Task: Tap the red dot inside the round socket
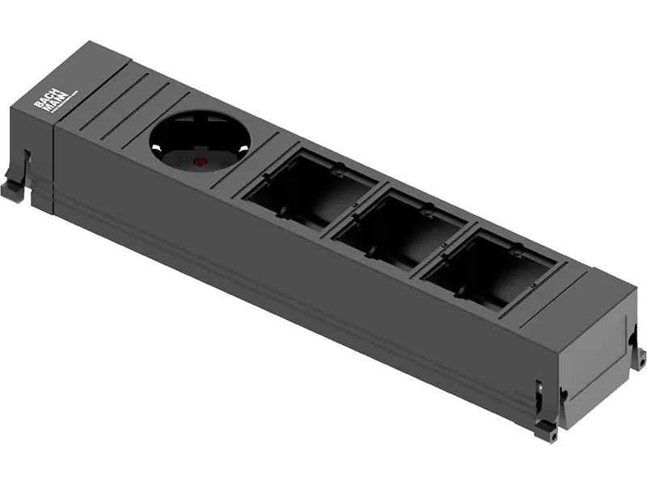click(197, 161)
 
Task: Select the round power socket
click(200, 141)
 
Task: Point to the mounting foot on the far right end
click(639, 356)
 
